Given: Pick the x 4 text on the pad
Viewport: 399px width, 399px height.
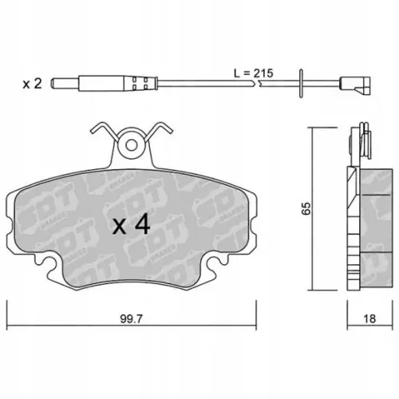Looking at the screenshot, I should click(131, 225).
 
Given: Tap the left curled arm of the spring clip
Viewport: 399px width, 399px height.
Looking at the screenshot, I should click(99, 130).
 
